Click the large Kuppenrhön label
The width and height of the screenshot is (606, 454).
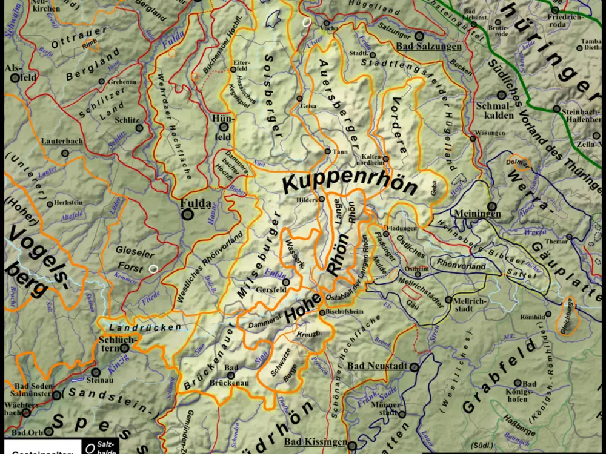click(x=350, y=183)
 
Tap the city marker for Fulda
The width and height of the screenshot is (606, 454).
click(x=188, y=214)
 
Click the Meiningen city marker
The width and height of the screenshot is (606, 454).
click(x=491, y=206)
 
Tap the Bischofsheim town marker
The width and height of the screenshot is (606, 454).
click(x=322, y=312)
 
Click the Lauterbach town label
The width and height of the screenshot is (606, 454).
click(x=62, y=141)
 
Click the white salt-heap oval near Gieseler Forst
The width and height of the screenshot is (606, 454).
click(x=153, y=269)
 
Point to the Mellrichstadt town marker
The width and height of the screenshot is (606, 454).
click(x=448, y=300)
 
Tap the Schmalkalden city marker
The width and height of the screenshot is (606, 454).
click(x=501, y=95)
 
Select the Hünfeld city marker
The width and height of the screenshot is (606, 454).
click(x=224, y=127)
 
